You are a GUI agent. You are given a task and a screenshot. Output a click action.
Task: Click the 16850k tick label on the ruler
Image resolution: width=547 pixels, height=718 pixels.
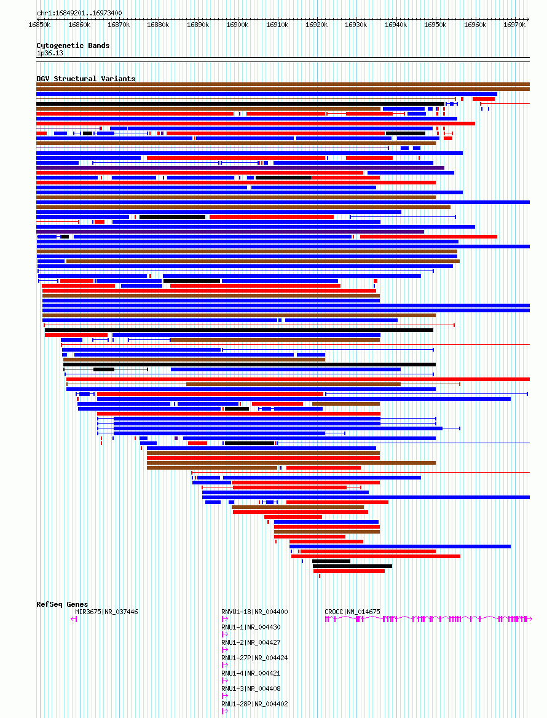click(x=39, y=25)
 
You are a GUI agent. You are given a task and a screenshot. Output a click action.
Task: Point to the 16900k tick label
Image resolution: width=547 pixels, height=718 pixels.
click(x=237, y=25)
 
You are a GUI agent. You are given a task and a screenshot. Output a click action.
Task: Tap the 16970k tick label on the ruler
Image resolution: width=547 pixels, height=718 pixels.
click(x=514, y=25)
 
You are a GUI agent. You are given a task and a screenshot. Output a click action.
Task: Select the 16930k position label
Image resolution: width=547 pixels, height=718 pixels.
click(x=356, y=25)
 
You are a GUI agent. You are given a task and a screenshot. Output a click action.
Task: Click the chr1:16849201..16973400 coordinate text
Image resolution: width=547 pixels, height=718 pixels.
click(x=79, y=13)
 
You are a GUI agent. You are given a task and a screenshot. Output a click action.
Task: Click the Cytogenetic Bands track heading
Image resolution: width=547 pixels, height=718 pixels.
click(x=73, y=45)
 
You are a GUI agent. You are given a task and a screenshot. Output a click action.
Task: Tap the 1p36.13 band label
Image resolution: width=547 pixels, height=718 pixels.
click(x=50, y=53)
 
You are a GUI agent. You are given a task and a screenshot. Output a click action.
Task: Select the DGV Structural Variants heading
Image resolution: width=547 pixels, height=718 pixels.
click(x=86, y=79)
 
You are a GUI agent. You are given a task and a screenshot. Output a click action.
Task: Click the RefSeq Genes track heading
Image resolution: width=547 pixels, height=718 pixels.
click(x=62, y=604)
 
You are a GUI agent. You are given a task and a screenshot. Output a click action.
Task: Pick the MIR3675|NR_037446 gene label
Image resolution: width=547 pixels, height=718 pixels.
click(x=107, y=612)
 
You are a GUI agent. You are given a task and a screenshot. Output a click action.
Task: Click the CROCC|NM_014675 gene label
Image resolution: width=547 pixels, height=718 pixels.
click(x=352, y=612)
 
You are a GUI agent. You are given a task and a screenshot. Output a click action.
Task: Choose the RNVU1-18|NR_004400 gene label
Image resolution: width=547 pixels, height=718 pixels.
click(x=254, y=612)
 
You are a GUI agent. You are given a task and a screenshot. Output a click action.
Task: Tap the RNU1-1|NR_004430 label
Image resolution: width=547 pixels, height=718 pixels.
click(x=251, y=628)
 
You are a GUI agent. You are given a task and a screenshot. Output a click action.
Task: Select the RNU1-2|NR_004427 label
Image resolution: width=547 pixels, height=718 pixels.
click(x=251, y=642)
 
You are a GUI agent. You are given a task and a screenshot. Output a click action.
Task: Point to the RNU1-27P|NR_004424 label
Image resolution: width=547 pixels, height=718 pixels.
click(x=254, y=658)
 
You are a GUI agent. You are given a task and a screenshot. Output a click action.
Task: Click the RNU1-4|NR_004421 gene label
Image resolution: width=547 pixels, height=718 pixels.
click(x=251, y=673)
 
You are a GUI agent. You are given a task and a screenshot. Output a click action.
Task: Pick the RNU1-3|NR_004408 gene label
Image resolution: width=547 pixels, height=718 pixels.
click(x=251, y=688)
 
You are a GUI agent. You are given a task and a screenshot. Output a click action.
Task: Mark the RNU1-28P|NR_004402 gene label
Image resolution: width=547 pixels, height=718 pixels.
click(x=254, y=704)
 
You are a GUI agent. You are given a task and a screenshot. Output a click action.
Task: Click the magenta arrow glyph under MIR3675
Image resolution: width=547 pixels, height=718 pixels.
click(x=74, y=619)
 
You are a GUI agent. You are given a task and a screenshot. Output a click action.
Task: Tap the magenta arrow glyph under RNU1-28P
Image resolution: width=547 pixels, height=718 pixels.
click(x=225, y=711)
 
